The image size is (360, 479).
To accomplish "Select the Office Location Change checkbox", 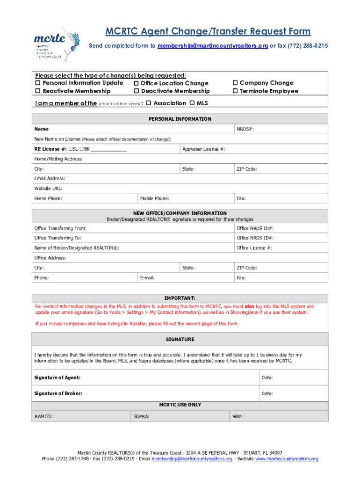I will tap(136, 83).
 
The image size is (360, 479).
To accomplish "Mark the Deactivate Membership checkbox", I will tap(136, 91).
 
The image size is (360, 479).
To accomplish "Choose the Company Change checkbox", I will tap(236, 83).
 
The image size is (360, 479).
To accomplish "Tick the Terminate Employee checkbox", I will tap(236, 91).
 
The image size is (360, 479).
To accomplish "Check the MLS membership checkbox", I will tap(192, 103).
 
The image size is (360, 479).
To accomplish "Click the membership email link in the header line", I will tap(212, 46).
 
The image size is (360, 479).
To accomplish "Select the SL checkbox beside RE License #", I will tap(69, 149).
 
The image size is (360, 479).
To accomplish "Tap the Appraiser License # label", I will tap(203, 149).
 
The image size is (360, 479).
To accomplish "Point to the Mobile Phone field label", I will tap(154, 199).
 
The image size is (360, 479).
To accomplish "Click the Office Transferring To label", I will tap(61, 238).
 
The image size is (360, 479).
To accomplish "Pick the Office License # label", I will tap(254, 248).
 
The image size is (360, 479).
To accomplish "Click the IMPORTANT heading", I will tap(180, 298).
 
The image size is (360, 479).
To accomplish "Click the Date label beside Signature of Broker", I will tap(267, 394).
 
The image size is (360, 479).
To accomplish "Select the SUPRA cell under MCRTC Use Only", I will tap(142, 416).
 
